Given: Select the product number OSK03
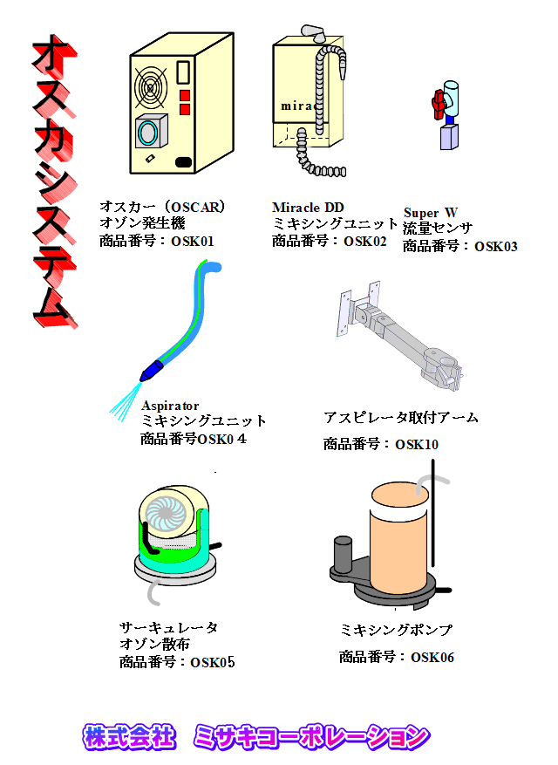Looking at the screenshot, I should point(495,246).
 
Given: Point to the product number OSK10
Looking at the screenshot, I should point(417,445).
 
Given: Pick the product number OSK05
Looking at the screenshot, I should point(213,662).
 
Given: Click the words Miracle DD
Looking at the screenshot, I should point(308,208).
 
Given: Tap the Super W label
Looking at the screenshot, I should point(431,213).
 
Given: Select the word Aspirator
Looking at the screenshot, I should point(170,406).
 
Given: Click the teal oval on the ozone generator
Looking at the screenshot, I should point(149,133).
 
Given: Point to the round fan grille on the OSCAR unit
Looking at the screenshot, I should point(150,86).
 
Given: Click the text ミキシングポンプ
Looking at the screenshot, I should point(397,630).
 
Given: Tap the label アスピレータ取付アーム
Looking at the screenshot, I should point(400,418).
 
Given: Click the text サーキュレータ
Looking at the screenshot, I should point(169,628).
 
